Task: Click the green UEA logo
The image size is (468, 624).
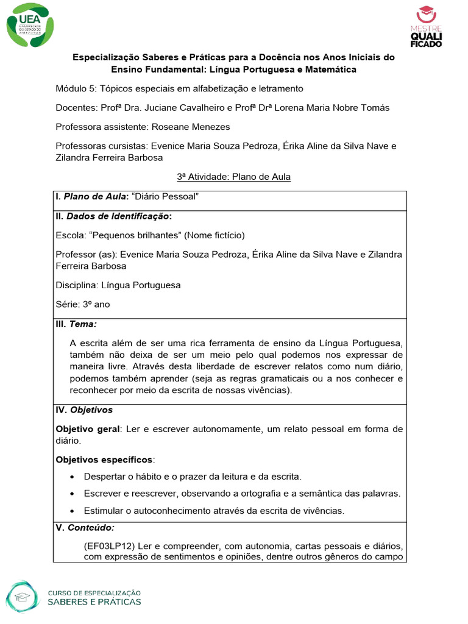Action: (29, 25)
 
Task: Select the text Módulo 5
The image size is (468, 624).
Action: (74, 88)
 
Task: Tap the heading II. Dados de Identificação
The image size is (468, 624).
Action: (113, 216)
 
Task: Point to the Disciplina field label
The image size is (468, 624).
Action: (75, 285)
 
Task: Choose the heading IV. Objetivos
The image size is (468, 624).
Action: (84, 409)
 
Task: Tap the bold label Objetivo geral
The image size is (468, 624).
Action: (87, 429)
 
